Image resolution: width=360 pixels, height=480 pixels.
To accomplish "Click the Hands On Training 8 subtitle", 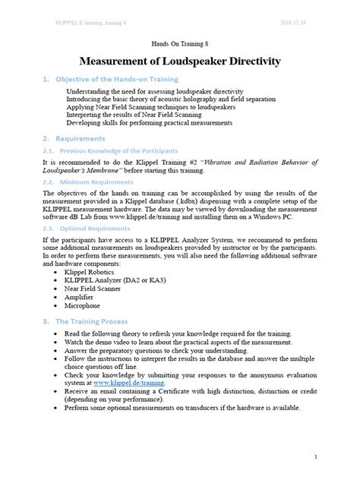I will pos(180,44).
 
